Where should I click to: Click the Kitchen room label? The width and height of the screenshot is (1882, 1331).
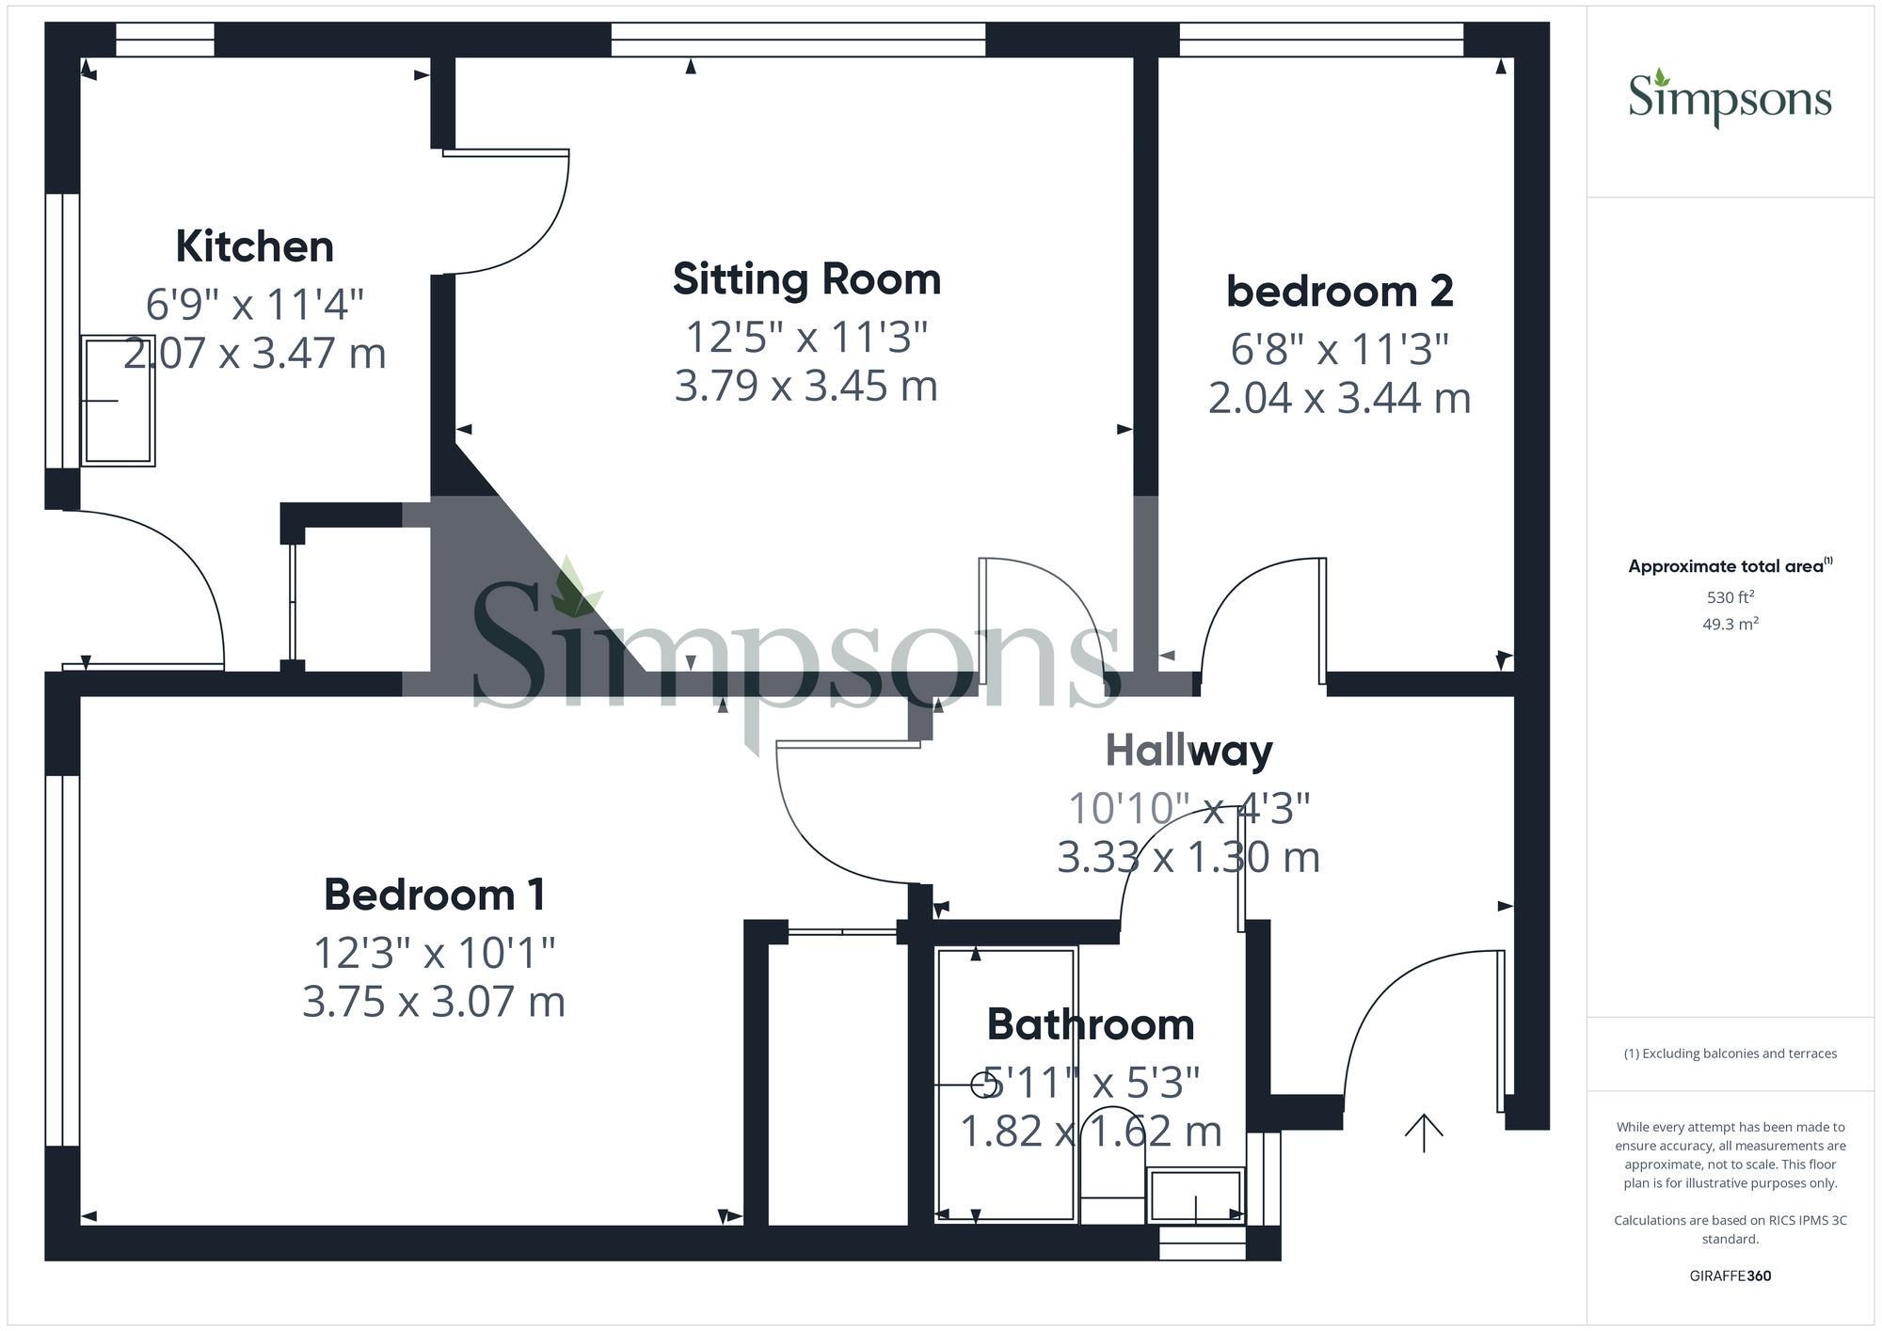(x=254, y=246)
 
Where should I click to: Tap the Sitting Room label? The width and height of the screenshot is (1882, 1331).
(x=806, y=279)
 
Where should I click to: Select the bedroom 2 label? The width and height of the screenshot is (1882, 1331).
(x=1339, y=292)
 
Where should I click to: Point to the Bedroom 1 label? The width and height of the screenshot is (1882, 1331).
(x=434, y=895)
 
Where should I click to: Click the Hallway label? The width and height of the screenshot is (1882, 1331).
(x=1188, y=751)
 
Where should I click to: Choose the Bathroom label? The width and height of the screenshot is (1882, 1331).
(x=1090, y=1024)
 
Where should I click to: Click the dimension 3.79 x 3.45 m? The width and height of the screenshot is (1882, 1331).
(x=806, y=387)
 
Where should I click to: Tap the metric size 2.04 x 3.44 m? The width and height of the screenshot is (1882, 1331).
(x=1339, y=399)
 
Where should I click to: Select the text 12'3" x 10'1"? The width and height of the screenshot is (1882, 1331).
(x=434, y=954)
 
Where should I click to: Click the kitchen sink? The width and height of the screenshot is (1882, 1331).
(x=118, y=401)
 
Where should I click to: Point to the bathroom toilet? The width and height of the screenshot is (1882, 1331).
(x=1111, y=1166)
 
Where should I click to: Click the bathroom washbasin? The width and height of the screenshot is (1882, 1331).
(x=1195, y=1195)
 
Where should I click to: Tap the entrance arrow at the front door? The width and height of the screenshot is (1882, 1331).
(x=1424, y=1133)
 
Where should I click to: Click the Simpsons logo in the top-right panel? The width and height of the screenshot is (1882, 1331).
(x=1730, y=99)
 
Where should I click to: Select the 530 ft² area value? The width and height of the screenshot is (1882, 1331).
(x=1730, y=597)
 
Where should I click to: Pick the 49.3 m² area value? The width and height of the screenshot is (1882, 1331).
(x=1730, y=624)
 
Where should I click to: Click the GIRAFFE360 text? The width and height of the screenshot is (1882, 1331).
(x=1730, y=1276)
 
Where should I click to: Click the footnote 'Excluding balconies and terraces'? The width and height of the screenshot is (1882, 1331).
(x=1730, y=1054)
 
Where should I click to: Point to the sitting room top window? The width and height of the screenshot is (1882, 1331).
(x=798, y=40)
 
